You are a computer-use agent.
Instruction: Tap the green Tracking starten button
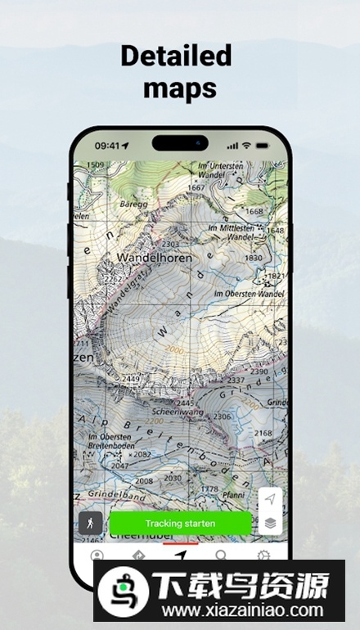pyautogui.click(x=180, y=523)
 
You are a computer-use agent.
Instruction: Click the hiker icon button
pyautogui.click(x=91, y=523)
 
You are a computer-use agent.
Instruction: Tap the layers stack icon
pyautogui.click(x=270, y=522)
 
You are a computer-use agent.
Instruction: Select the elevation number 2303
pyautogui.click(x=170, y=244)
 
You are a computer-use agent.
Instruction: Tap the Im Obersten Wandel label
pyautogui.click(x=248, y=293)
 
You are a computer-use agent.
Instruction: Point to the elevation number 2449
pyautogui.click(x=130, y=379)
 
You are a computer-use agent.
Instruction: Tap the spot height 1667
pyautogui.click(x=195, y=187)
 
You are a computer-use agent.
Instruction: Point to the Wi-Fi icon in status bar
pyautogui.click(x=246, y=146)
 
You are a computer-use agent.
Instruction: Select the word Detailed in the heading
pyautogui.click(x=176, y=56)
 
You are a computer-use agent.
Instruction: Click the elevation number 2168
pyautogui.click(x=262, y=432)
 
